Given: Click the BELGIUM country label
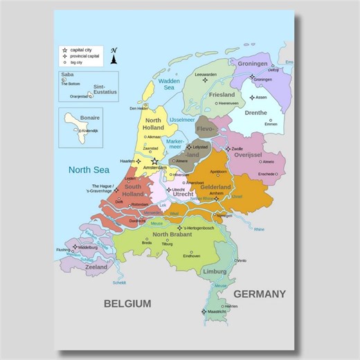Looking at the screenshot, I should tap(127, 303).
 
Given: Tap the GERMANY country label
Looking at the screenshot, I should tap(259, 294).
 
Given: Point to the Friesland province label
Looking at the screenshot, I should tap(222, 94).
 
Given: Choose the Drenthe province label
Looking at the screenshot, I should tap(256, 112).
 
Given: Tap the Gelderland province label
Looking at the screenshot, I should tap(215, 188).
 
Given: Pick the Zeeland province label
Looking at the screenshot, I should tap(96, 267).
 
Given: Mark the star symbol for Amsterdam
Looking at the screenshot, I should tap(154, 161).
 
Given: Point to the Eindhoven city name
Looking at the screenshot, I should tap(192, 255).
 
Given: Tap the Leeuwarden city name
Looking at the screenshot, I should tap(206, 74).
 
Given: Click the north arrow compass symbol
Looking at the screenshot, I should tap(114, 57).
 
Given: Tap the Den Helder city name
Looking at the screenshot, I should tap(138, 108).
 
